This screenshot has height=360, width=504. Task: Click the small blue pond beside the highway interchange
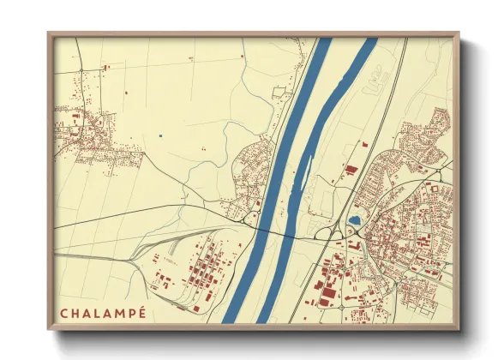[x=354, y=220]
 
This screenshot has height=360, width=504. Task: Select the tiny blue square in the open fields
[x=159, y=135]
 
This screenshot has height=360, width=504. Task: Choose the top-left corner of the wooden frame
[x=49, y=34]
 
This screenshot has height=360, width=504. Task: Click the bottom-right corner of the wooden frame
[x=458, y=329]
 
